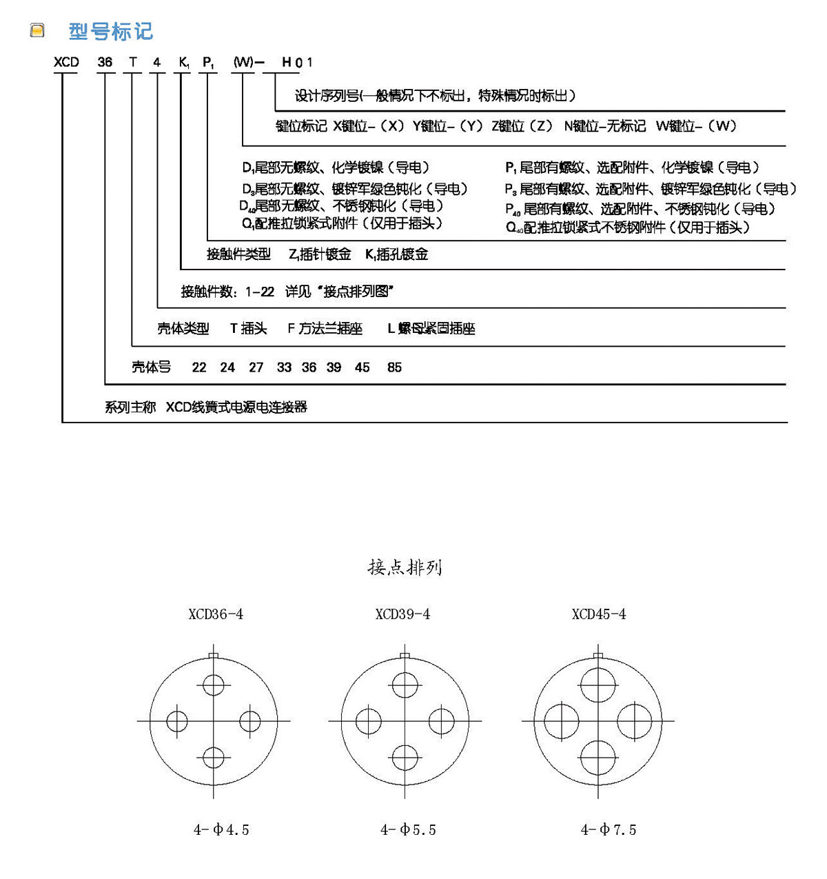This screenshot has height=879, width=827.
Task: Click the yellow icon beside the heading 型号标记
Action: (x=37, y=30)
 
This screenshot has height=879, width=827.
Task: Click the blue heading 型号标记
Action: (x=110, y=31)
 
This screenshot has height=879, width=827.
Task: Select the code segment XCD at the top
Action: (x=66, y=62)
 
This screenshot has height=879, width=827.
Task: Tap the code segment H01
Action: (x=297, y=63)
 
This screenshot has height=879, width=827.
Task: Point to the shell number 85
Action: (x=394, y=367)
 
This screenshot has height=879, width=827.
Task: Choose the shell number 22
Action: (x=199, y=367)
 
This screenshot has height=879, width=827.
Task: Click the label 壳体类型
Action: (x=183, y=329)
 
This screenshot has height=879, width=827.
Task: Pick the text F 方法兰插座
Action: (x=325, y=329)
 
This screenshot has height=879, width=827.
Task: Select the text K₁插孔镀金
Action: (x=396, y=254)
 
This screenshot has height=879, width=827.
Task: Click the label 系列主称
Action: (x=130, y=407)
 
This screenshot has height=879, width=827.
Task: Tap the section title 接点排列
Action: (x=405, y=567)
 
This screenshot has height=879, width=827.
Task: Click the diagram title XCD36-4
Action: (x=216, y=614)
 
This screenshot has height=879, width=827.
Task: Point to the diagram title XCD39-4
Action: (x=402, y=614)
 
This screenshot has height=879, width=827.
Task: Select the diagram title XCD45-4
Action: (x=599, y=614)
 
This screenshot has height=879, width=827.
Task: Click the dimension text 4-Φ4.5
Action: (x=221, y=830)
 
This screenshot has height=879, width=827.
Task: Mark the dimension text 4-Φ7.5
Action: (x=609, y=830)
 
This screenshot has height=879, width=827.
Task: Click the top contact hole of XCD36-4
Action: (x=214, y=685)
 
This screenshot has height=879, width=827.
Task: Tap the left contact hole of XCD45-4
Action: (x=562, y=721)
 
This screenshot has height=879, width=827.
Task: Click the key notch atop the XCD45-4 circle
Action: (x=598, y=655)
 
